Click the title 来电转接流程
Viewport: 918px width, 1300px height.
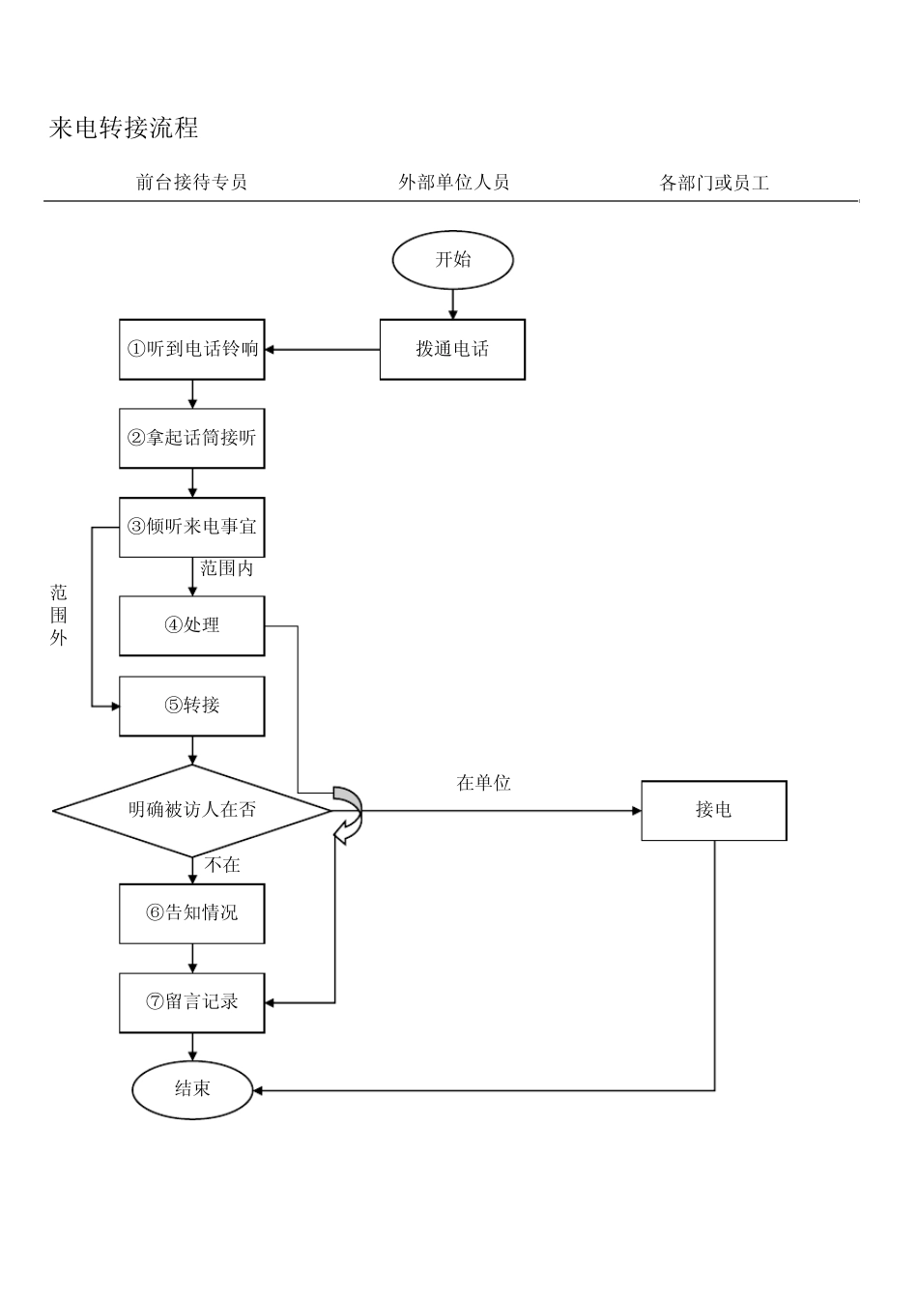pos(124,128)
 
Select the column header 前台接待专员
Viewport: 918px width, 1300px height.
pos(191,182)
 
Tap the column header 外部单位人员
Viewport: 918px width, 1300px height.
pos(453,182)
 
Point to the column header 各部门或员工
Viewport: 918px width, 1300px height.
pos(714,183)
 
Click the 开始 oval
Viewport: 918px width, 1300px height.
pos(452,259)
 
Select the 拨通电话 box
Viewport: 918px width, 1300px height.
pos(452,349)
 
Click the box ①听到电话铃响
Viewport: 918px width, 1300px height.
pos(192,349)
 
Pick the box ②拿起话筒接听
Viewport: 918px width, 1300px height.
pos(192,438)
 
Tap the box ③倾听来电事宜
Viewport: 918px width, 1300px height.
pos(192,527)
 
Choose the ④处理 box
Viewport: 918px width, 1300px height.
pos(192,625)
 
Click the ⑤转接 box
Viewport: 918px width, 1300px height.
pos(192,706)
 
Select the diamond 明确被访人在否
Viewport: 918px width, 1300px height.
pos(192,810)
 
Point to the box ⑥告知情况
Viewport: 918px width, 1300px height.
pos(192,912)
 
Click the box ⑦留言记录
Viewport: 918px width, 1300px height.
pos(192,1002)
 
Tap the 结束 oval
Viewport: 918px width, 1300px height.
pos(192,1089)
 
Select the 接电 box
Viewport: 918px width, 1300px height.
pos(713,810)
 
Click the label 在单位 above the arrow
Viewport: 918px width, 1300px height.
pos(483,783)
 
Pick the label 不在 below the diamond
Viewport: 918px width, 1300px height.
pos(222,865)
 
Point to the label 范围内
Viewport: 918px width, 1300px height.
pos(226,568)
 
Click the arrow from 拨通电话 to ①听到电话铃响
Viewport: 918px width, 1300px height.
pos(322,349)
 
